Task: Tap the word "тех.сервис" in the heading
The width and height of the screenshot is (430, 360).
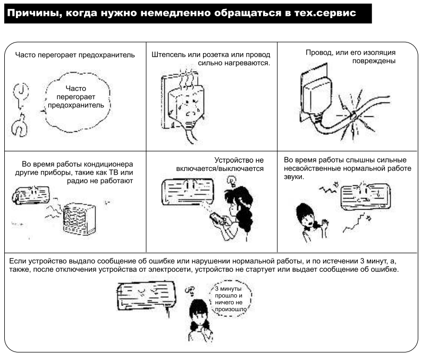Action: click(x=325, y=13)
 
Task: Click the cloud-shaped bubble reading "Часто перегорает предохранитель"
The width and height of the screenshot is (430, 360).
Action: click(x=76, y=102)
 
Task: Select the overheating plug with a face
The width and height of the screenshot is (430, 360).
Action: click(x=187, y=107)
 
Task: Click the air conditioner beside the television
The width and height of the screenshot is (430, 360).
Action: click(x=31, y=195)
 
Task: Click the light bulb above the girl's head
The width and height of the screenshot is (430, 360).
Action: click(x=232, y=182)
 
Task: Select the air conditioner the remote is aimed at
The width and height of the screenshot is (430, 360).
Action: click(x=188, y=192)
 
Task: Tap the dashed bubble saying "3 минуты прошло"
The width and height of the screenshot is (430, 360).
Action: click(x=230, y=298)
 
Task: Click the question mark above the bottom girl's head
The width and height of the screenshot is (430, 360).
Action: click(x=190, y=290)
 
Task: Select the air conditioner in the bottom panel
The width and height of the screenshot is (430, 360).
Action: click(x=146, y=296)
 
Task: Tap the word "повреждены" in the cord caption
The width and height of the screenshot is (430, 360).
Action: click(x=374, y=61)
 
